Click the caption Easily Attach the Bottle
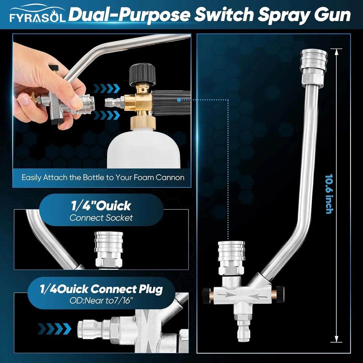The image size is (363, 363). [103, 178]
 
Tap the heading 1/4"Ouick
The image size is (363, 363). [101, 206]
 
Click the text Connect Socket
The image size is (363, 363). [101, 218]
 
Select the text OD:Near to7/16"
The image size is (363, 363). [101, 300]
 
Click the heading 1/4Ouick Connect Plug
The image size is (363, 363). [101, 289]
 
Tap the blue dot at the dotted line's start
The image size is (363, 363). [179, 100]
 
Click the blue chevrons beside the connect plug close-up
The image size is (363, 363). [54, 329]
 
